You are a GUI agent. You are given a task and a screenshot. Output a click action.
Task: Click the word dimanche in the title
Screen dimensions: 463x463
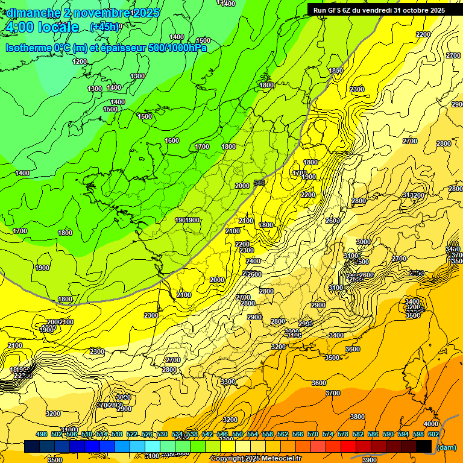click(34, 13)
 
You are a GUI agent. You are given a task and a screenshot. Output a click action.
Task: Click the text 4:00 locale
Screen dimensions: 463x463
click(42, 27)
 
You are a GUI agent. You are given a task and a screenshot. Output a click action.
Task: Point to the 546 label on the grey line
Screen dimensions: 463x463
click(260, 182)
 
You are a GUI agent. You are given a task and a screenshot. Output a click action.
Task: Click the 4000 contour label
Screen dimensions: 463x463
click(430, 424)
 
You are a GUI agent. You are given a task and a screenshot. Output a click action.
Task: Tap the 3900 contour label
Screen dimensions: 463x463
click(370, 460)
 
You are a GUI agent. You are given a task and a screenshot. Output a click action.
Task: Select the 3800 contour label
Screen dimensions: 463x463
click(357, 417)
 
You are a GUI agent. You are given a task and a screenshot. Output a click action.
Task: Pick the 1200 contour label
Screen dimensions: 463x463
click(80, 61)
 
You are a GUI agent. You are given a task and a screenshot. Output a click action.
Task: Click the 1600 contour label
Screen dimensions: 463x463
click(172, 140)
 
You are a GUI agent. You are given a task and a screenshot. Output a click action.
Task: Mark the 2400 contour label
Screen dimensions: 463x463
click(253, 261)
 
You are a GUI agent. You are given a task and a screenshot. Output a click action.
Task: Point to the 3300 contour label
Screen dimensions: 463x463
click(228, 382)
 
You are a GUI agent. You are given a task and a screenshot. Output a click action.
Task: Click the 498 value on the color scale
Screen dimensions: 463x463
click(42, 434)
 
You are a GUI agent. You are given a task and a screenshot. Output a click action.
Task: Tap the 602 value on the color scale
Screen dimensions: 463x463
click(433, 434)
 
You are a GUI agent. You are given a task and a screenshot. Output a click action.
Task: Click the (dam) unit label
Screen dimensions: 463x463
click(446, 447)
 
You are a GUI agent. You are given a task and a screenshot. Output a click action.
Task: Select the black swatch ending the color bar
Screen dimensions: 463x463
click(424, 446)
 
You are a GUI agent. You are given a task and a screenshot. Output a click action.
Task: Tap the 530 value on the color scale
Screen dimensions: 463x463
click(162, 434)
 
